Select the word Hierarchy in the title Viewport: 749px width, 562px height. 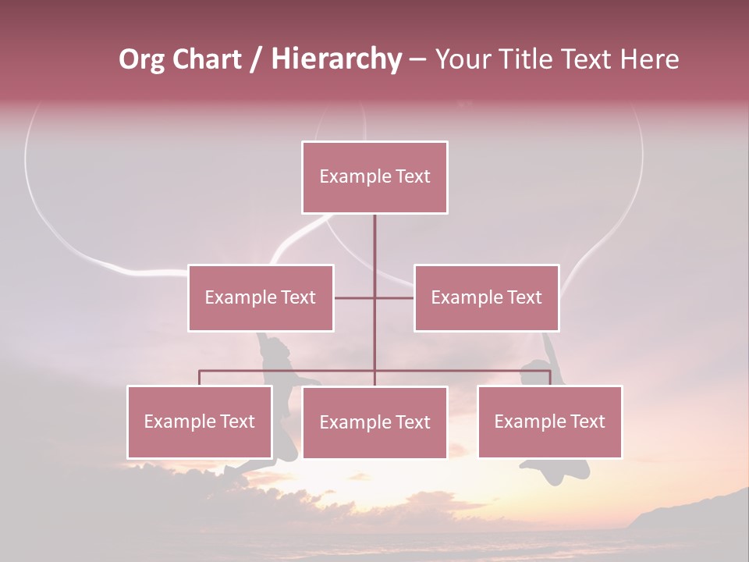pyautogui.click(x=336, y=59)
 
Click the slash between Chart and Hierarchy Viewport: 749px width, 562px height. pyautogui.click(x=256, y=60)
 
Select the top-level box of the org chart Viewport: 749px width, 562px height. pyautogui.click(x=374, y=177)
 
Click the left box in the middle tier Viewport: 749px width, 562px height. pyautogui.click(x=261, y=297)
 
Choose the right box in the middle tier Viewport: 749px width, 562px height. pyautogui.click(x=486, y=297)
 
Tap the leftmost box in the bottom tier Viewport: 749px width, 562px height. pyautogui.click(x=200, y=421)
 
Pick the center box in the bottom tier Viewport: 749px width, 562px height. pyautogui.click(x=374, y=422)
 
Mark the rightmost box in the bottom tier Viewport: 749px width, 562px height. pyautogui.click(x=549, y=421)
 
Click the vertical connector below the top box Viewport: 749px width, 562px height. pyautogui.click(x=374, y=250)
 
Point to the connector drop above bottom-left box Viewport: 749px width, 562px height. pyautogui.click(x=200, y=378)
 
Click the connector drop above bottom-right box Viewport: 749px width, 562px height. pyautogui.click(x=550, y=378)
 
